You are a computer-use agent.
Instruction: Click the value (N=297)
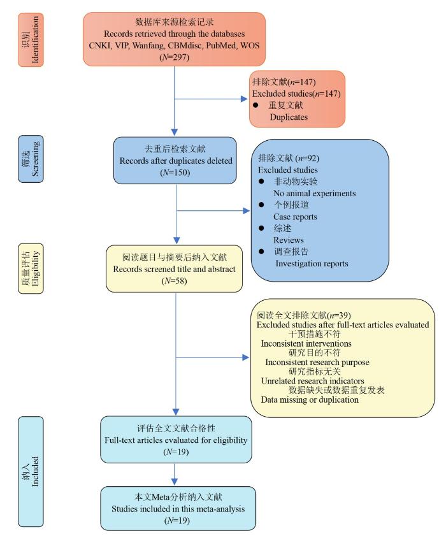(174, 57)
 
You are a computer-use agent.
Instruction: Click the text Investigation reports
(311, 263)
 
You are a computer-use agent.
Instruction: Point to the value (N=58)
(175, 281)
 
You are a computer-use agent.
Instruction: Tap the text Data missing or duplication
(310, 400)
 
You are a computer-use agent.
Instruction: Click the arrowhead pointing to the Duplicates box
(245, 99)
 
